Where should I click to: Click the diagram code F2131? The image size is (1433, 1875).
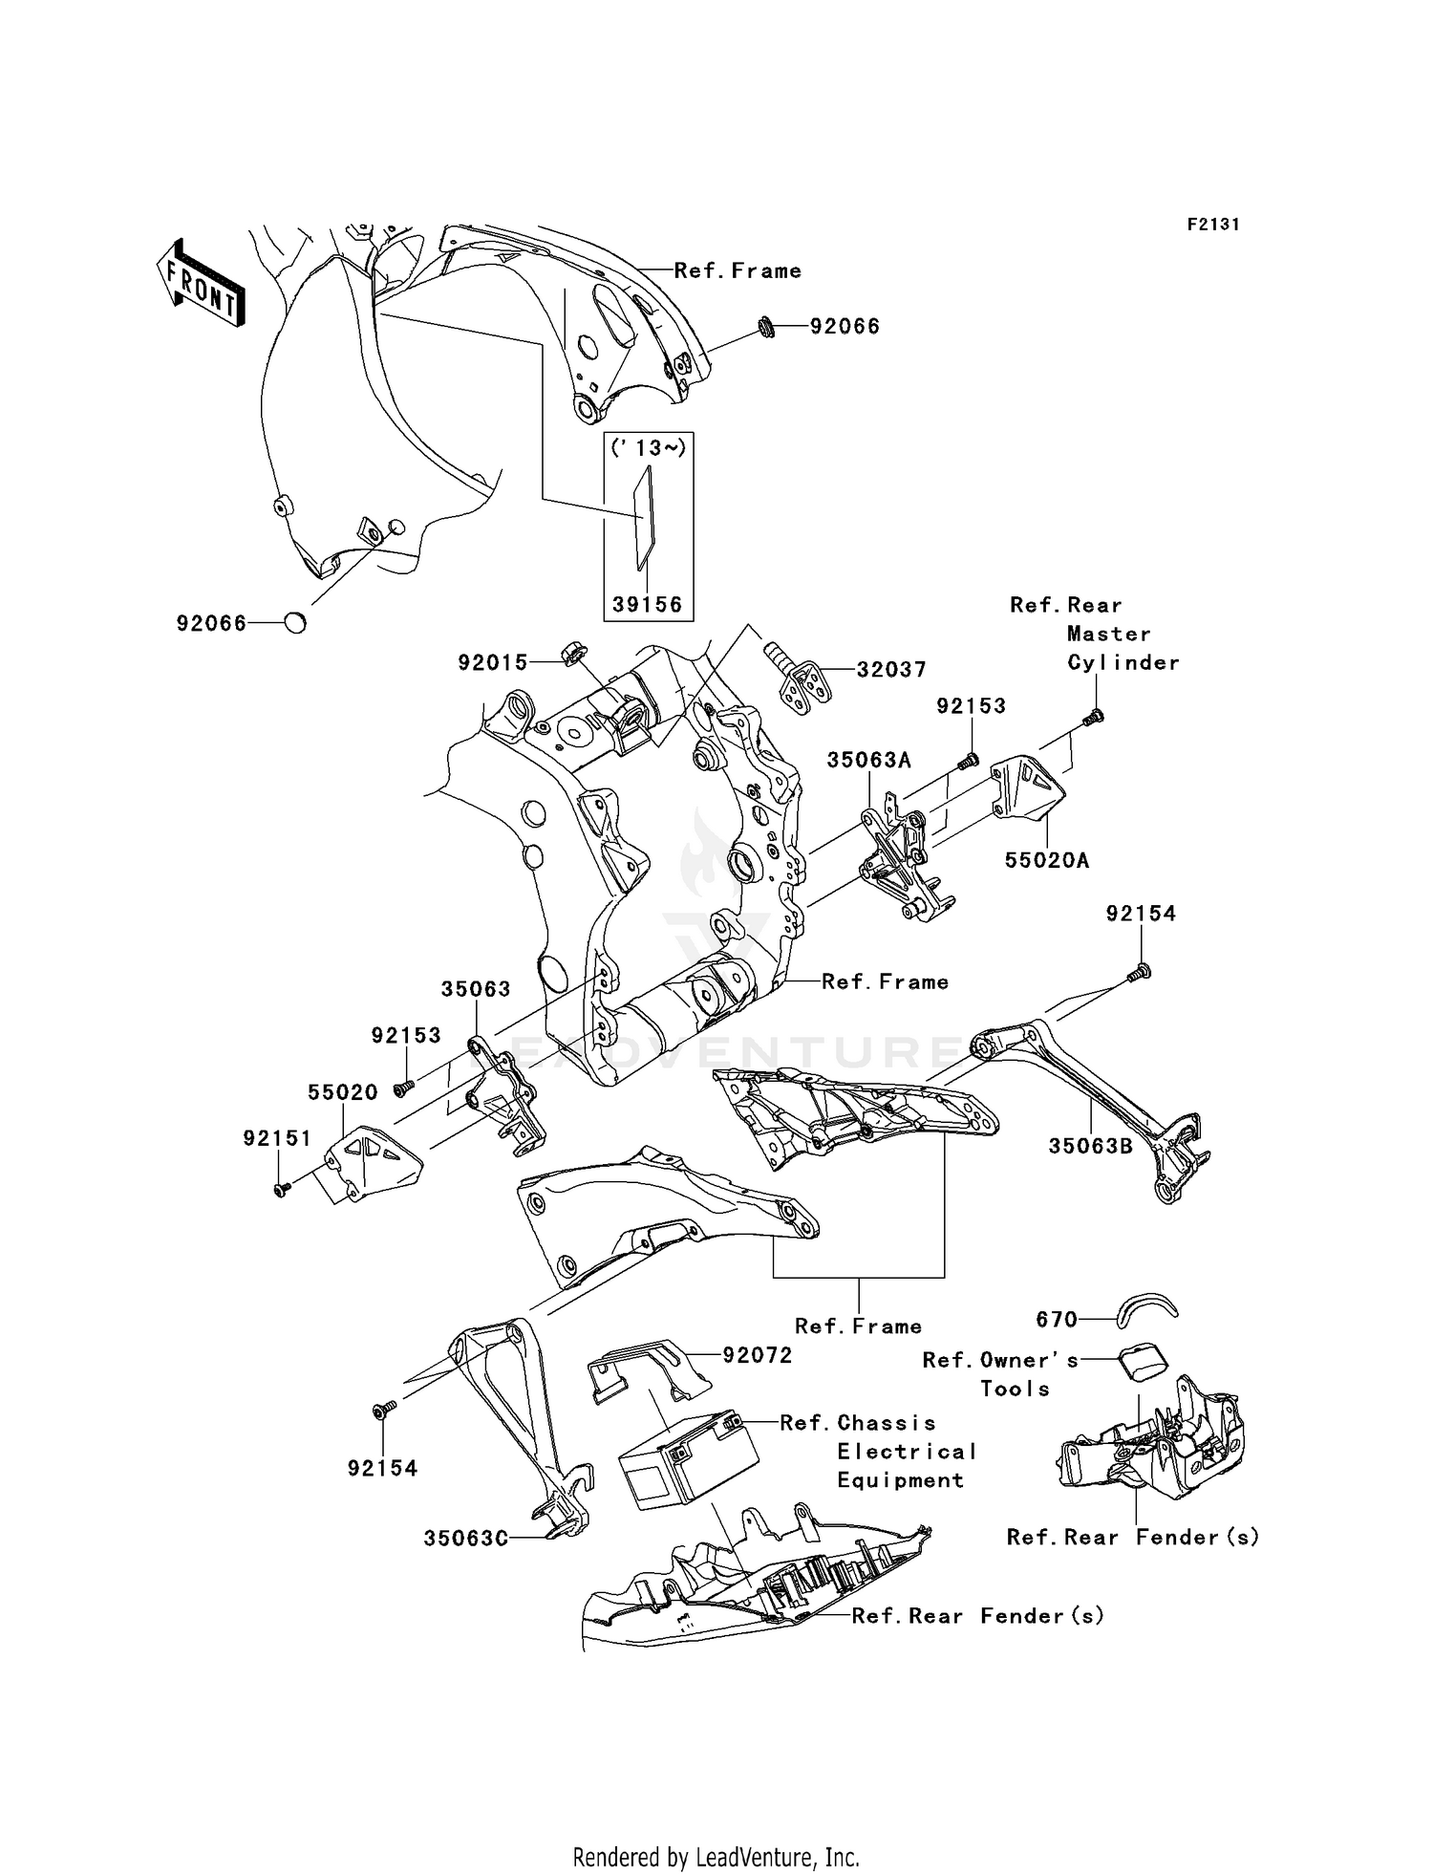(x=1213, y=225)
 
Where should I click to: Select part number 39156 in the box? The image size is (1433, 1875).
(x=648, y=605)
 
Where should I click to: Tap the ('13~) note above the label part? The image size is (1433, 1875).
(x=649, y=448)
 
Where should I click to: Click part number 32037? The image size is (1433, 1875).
(x=890, y=670)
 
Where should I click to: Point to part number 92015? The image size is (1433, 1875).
(x=492, y=662)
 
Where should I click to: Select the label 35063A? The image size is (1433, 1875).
(x=868, y=760)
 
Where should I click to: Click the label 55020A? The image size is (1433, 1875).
(x=1047, y=860)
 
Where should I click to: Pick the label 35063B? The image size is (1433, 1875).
(x=1090, y=1146)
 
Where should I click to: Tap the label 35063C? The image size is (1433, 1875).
(x=465, y=1539)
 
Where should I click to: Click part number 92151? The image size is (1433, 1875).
(x=277, y=1138)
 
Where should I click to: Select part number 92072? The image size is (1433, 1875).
(x=758, y=1355)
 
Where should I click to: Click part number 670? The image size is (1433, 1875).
(x=1057, y=1320)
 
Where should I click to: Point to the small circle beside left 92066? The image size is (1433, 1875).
(x=296, y=624)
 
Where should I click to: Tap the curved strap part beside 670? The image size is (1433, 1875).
(x=1146, y=1310)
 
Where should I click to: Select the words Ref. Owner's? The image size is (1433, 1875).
(x=1000, y=1361)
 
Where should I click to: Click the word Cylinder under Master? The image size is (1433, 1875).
(x=1123, y=662)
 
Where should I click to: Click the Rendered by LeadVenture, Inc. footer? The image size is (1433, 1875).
(x=716, y=1857)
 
